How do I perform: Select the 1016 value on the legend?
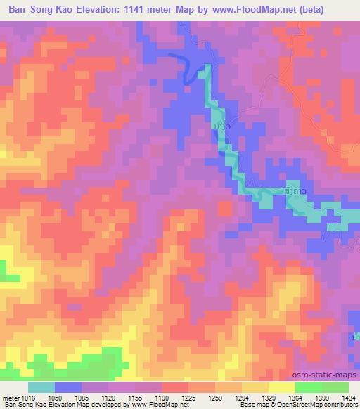pyautogui.click(x=26, y=397)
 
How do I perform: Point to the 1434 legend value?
pyautogui.click(x=347, y=397)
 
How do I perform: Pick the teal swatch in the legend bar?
pyautogui.click(x=41, y=387)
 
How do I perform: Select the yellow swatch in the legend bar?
pyautogui.click(x=282, y=387)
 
